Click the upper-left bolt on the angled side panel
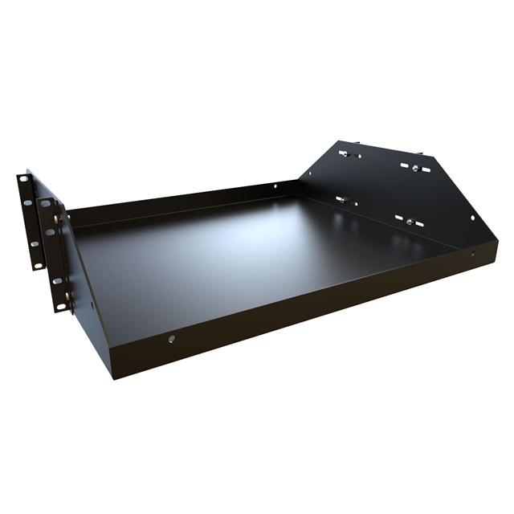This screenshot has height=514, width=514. pos(346,153)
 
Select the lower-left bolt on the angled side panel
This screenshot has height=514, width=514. pos(343,199)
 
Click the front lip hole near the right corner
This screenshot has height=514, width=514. pos(471,255)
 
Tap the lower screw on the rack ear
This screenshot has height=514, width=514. pos(69,295)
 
